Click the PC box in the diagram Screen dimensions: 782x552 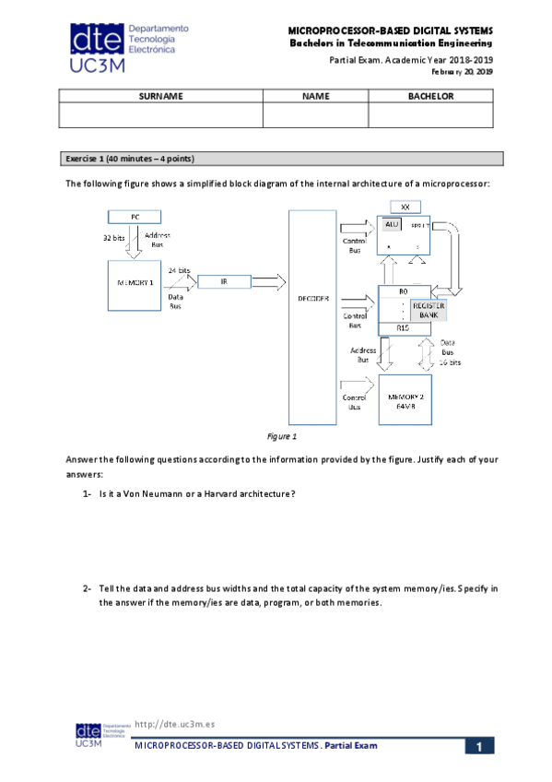click(135, 216)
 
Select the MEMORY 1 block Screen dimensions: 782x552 click(135, 283)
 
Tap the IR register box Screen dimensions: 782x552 click(224, 280)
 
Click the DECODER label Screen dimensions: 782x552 click(313, 297)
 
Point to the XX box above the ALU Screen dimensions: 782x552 click(405, 206)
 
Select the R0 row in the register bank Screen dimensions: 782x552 click(404, 291)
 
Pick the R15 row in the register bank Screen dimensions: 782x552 click(404, 327)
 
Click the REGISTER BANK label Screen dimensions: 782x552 click(429, 309)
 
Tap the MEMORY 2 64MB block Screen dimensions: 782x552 click(405, 398)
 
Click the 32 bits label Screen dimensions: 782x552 click(114, 238)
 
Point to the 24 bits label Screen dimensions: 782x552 click(179, 269)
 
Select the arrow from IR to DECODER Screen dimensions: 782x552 click(269, 280)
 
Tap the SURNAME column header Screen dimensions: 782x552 click(160, 96)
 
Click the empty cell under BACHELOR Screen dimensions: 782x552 click(430, 114)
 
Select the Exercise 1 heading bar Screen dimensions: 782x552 click(281, 158)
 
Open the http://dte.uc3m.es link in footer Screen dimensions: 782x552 click(175, 726)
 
